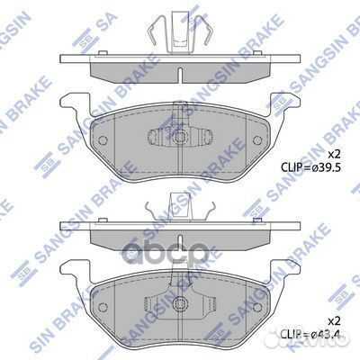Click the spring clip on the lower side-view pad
[179, 210]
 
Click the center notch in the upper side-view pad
[180, 72]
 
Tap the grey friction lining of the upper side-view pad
[135, 71]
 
